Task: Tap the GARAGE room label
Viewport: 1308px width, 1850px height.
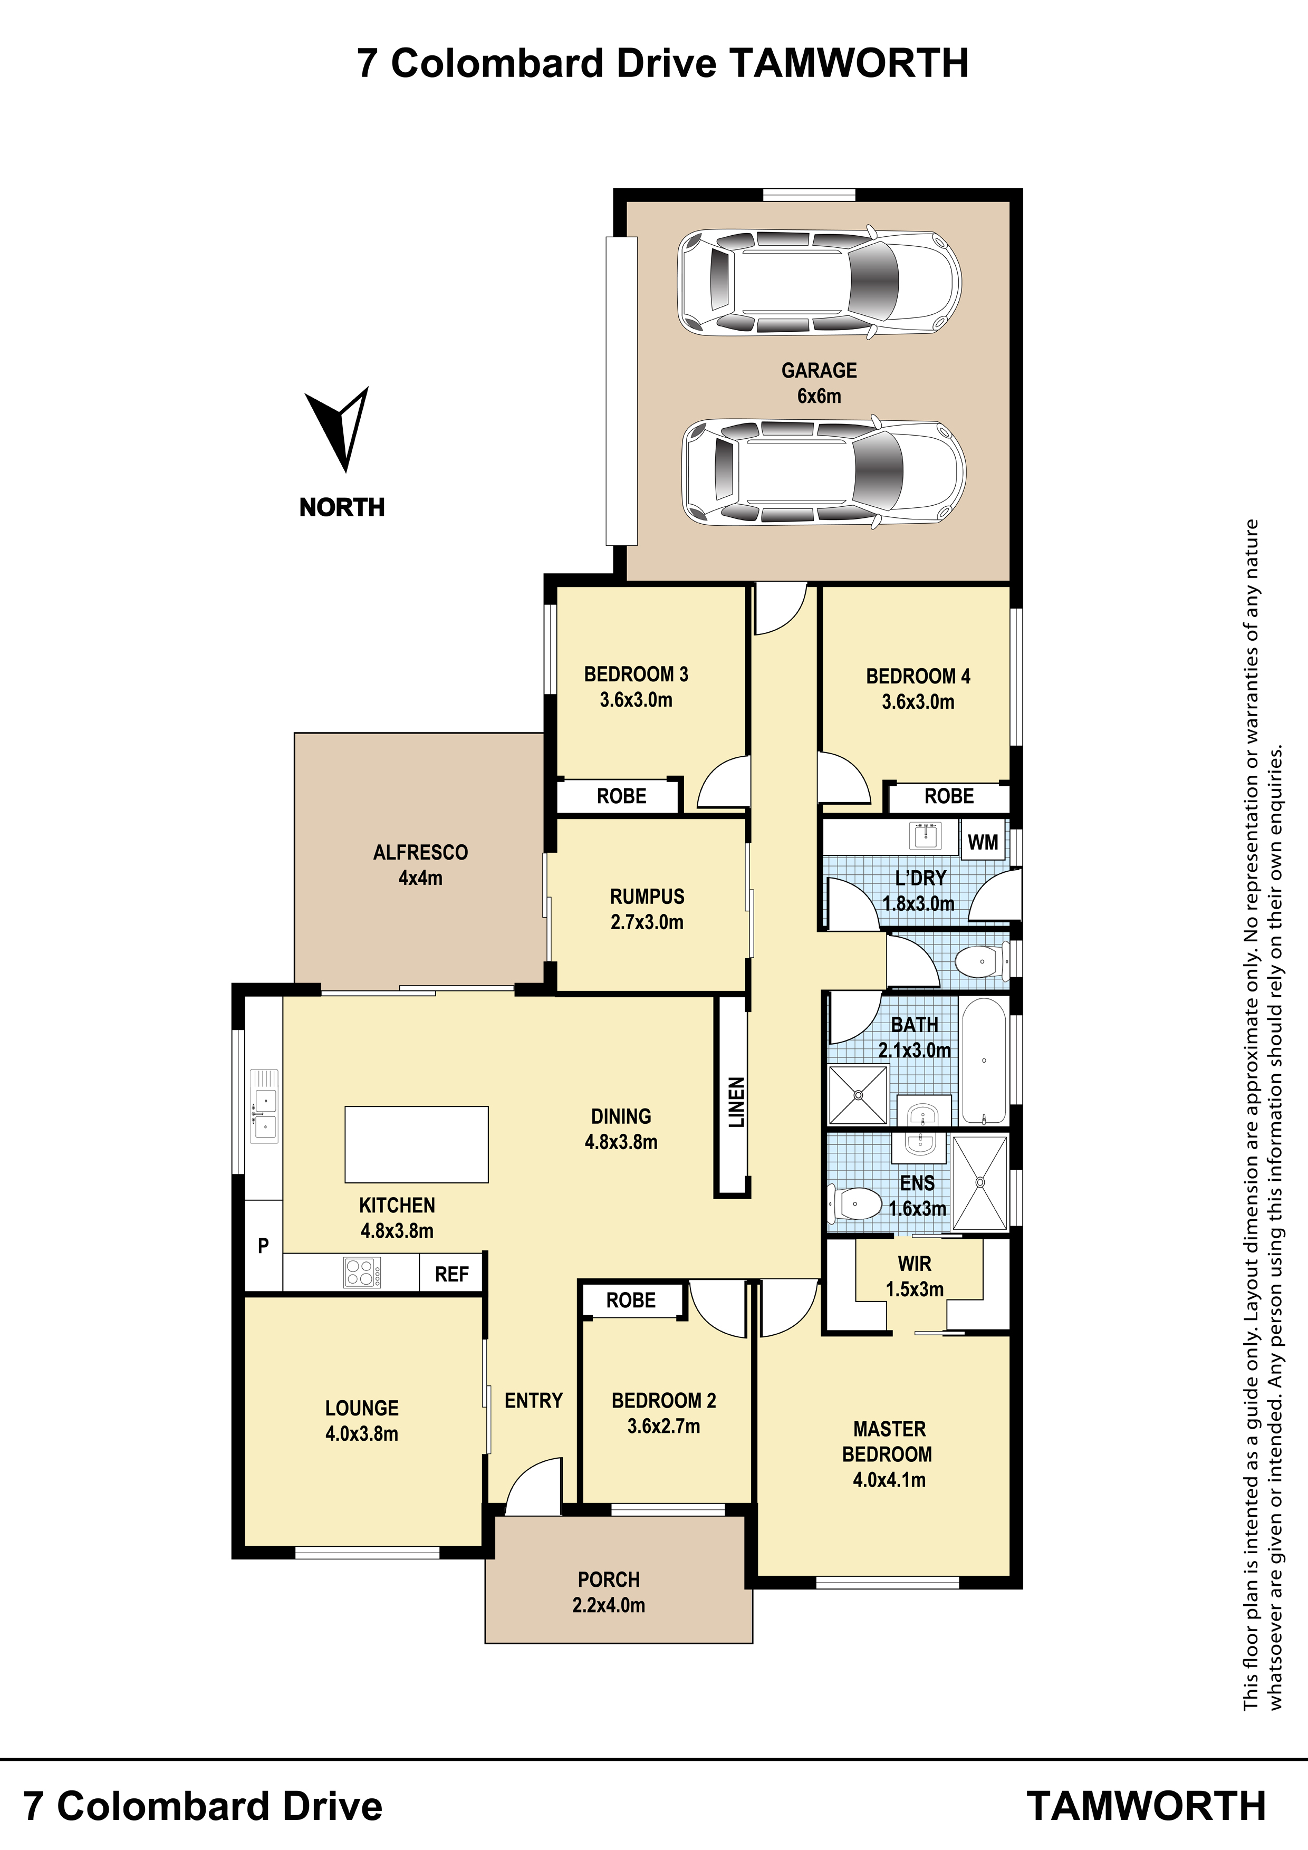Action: pyautogui.click(x=819, y=371)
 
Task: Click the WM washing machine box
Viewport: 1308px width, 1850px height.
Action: pyautogui.click(x=983, y=842)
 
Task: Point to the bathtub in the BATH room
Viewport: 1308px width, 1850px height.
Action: pyautogui.click(x=984, y=1061)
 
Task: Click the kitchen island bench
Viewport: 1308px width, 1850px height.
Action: pyautogui.click(x=417, y=1144)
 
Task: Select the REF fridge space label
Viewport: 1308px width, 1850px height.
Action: pyautogui.click(x=451, y=1274)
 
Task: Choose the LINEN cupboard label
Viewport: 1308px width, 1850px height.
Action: pyautogui.click(x=736, y=1102)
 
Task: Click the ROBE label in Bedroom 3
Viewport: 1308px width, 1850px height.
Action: pyautogui.click(x=621, y=796)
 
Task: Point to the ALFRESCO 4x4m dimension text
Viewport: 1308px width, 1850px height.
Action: pyautogui.click(x=421, y=878)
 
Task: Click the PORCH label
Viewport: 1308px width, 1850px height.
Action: pyautogui.click(x=609, y=1579)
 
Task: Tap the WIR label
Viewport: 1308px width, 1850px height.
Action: pyautogui.click(x=915, y=1264)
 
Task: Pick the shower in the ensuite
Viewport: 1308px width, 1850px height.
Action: pyautogui.click(x=980, y=1182)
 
